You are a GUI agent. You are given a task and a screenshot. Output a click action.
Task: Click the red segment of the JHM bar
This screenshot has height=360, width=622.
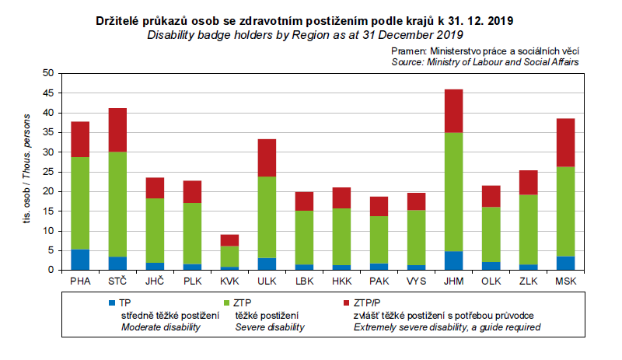(x=453, y=111)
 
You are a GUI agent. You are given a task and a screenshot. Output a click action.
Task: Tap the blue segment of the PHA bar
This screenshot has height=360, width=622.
(x=80, y=260)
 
